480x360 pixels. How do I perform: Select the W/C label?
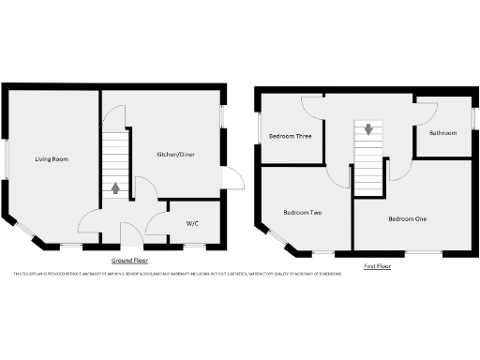191,223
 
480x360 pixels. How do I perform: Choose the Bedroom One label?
408,218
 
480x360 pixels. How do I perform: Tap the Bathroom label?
442,133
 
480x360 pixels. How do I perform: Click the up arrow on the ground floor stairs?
115,187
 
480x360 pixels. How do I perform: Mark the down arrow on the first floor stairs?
368,129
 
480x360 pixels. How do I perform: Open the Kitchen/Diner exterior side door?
232,178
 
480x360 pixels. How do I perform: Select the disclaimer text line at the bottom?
176,274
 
